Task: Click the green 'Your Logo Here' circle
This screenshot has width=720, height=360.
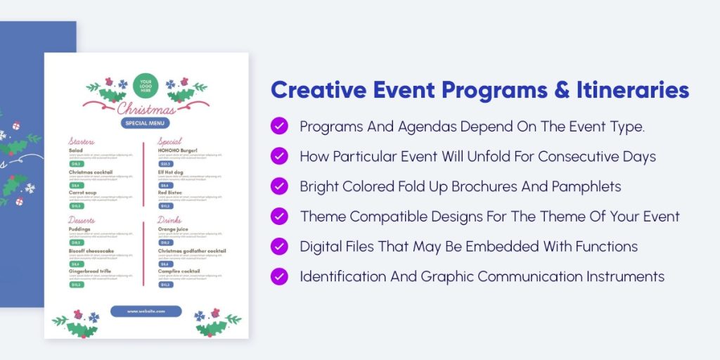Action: (x=146, y=85)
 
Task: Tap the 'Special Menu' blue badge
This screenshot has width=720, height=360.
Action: (x=146, y=122)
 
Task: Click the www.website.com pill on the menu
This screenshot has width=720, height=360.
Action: (x=146, y=311)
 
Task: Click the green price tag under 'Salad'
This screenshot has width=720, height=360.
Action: (x=76, y=164)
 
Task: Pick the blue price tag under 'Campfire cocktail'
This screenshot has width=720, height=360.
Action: (x=165, y=285)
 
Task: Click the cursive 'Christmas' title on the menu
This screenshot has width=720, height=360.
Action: (x=146, y=109)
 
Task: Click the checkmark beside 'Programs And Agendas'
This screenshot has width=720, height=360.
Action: (x=279, y=127)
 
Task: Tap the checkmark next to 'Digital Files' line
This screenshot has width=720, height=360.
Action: (x=279, y=246)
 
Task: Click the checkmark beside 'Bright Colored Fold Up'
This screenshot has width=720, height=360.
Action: (x=279, y=186)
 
